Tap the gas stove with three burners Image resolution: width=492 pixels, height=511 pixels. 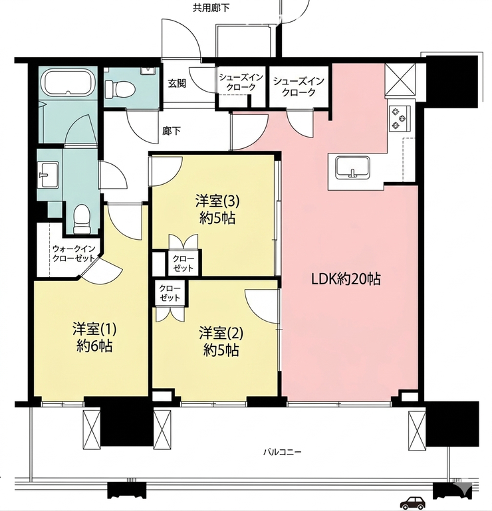pyautogui.click(x=400, y=118)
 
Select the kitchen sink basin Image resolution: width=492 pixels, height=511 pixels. pyautogui.click(x=353, y=167)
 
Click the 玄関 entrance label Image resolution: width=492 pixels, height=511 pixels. pyautogui.click(x=177, y=84)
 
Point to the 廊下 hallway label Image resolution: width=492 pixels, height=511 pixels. pyautogui.click(x=172, y=131)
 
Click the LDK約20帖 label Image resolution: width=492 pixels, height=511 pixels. pyautogui.click(x=346, y=279)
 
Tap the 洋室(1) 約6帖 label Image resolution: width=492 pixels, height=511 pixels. pyautogui.click(x=94, y=338)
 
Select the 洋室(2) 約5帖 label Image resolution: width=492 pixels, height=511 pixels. pyautogui.click(x=221, y=341)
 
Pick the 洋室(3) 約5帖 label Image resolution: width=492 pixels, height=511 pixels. pyautogui.click(x=217, y=209)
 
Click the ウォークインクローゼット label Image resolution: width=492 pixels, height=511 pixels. pyautogui.click(x=74, y=254)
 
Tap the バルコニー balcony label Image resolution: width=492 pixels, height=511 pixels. pyautogui.click(x=283, y=453)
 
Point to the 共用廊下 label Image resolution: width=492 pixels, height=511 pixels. pyautogui.click(x=211, y=8)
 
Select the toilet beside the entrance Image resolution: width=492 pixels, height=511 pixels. pyautogui.click(x=119, y=88)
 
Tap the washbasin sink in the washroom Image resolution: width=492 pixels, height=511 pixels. pyautogui.click(x=49, y=175)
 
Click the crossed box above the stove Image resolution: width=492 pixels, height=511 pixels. pyautogui.click(x=400, y=79)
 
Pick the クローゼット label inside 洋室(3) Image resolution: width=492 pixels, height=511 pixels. pyautogui.click(x=184, y=263)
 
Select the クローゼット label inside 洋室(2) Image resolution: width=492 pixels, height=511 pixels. pyautogui.click(x=170, y=293)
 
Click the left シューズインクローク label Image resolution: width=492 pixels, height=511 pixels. pyautogui.click(x=241, y=83)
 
